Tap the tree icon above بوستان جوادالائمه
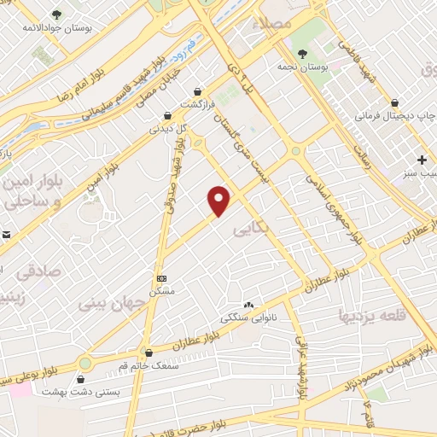click(x=56, y=15)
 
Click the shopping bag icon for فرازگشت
click(x=198, y=90)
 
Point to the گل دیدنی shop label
click(x=168, y=130)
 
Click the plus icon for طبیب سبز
click(x=421, y=160)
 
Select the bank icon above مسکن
click(x=161, y=278)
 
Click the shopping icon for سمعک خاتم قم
click(x=149, y=353)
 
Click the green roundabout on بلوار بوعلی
click(x=84, y=364)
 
